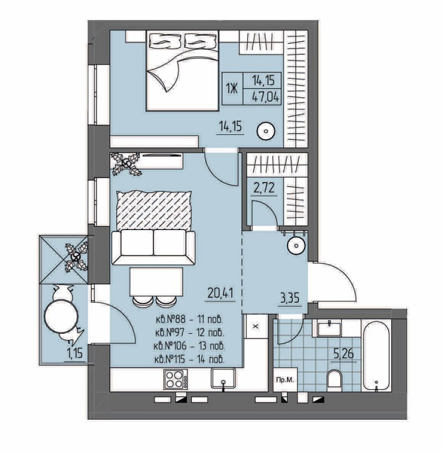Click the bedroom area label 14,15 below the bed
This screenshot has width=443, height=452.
click(x=230, y=126)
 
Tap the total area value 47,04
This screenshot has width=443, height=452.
click(x=265, y=97)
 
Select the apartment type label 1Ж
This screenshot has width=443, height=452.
click(x=232, y=89)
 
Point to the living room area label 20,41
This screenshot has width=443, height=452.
click(x=220, y=293)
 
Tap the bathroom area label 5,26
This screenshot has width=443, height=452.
click(x=344, y=353)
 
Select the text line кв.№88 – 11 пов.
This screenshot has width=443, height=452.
click(x=190, y=319)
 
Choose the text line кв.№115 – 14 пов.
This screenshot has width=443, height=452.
click(x=190, y=360)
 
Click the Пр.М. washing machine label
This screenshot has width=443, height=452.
click(x=285, y=380)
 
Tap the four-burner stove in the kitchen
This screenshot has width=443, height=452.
click(x=176, y=379)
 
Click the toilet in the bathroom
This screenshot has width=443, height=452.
click(x=334, y=380)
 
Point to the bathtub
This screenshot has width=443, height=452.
click(x=376, y=356)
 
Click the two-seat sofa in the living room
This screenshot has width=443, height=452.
click(x=153, y=248)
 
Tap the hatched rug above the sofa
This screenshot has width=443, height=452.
click(x=154, y=210)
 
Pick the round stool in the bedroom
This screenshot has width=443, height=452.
click(x=266, y=131)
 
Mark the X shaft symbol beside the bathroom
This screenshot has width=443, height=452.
click(x=255, y=327)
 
